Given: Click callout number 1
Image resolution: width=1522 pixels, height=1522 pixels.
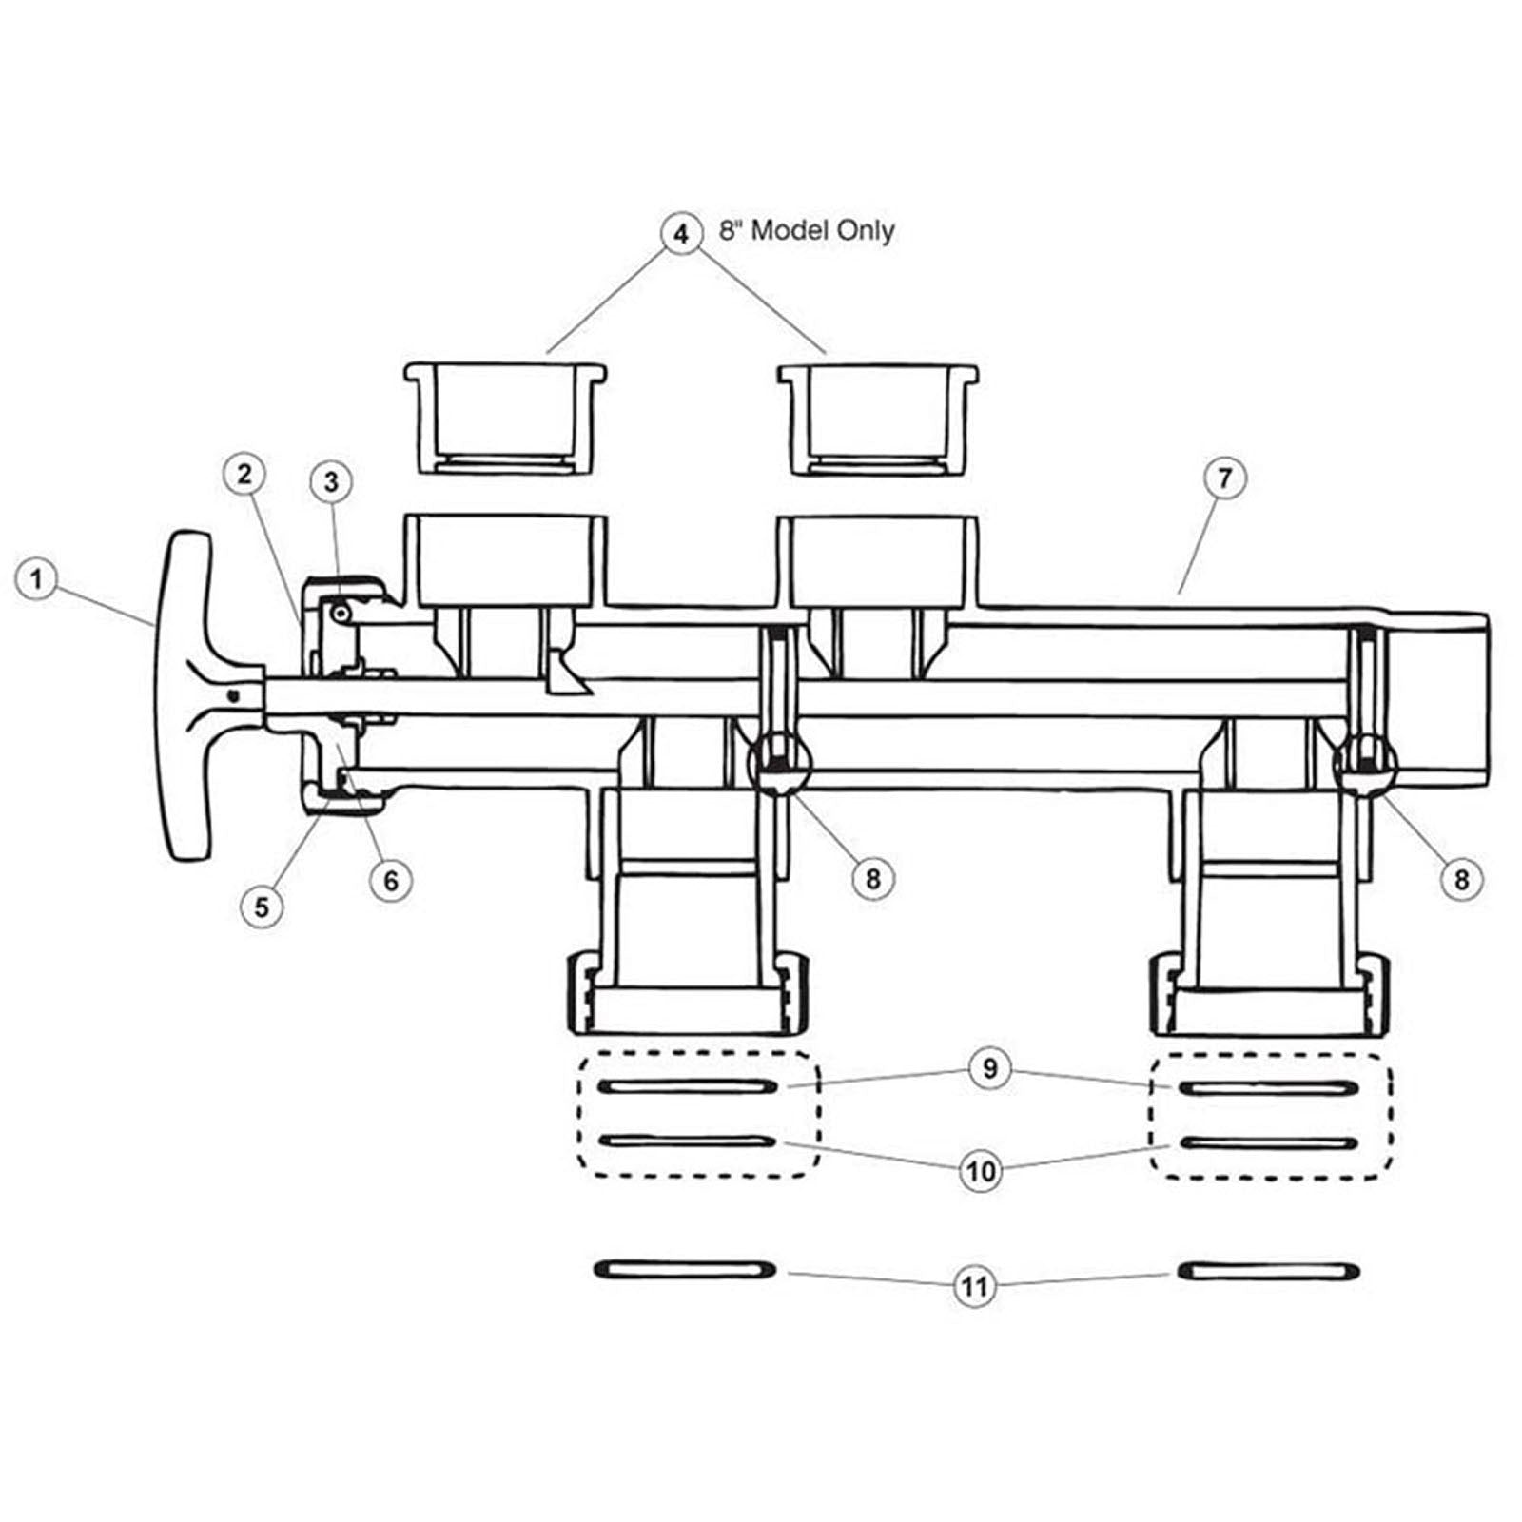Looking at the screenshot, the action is coord(36,579).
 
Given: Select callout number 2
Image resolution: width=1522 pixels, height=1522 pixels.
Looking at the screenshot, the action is coord(245,474).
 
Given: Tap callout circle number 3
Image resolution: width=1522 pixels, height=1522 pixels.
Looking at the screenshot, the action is coord(331,482).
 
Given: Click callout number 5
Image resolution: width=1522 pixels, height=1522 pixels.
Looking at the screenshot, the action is coord(262,907).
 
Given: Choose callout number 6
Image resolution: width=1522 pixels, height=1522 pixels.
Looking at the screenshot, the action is coord(391,881).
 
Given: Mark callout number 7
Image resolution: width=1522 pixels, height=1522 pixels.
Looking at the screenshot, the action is coord(1224,478).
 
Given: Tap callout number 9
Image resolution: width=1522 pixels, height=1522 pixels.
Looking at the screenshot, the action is coord(990,1068).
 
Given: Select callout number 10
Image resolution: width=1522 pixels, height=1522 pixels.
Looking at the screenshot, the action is coord(981,1171).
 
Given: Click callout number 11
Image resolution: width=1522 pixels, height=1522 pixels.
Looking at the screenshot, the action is coord(973,1287).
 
